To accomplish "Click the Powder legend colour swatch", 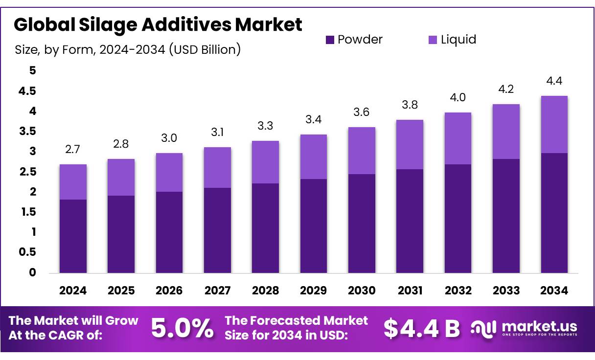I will [x=330, y=40].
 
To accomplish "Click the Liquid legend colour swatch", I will [x=433, y=40].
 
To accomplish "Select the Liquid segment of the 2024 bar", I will [x=73, y=182].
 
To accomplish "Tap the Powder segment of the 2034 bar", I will [x=554, y=213].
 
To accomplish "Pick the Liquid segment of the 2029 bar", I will [x=314, y=157].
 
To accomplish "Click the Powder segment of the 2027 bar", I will [x=217, y=230].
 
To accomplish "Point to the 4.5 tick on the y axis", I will [x=27, y=91].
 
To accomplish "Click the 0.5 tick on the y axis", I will [x=27, y=252].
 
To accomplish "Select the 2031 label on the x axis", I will [x=410, y=291].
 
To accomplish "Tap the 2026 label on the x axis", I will [x=169, y=291].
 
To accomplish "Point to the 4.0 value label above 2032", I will [x=458, y=97].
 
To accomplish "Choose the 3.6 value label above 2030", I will [x=362, y=112].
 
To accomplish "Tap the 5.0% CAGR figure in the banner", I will [x=182, y=328].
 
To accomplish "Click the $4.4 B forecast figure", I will [x=421, y=328].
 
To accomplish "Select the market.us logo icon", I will [x=483, y=328].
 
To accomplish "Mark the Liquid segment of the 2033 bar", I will [x=506, y=132].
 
